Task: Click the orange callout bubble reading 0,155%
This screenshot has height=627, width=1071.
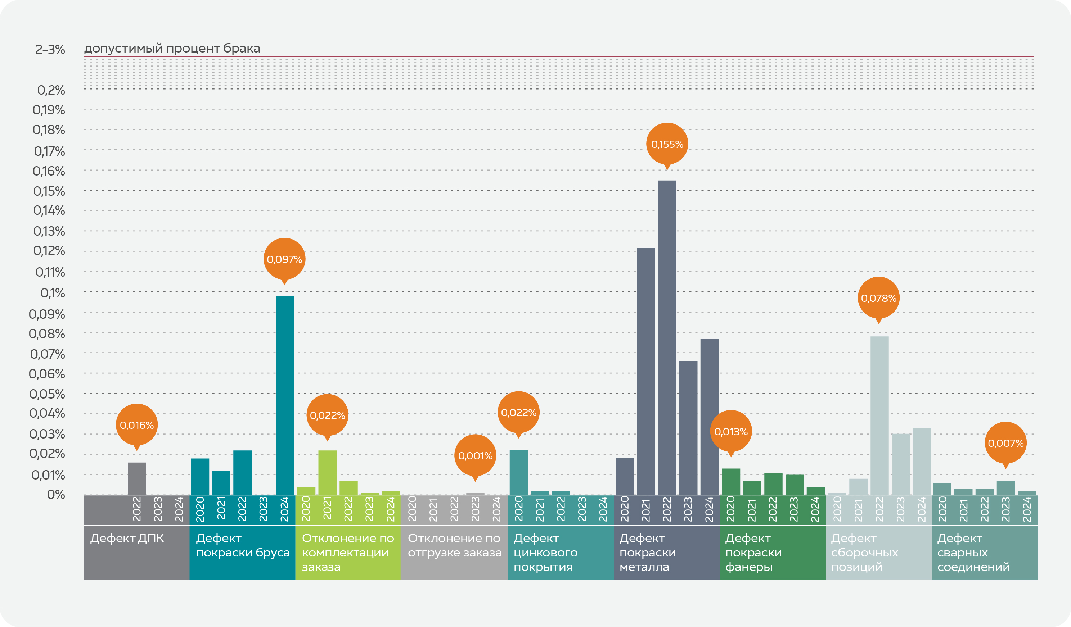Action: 667,144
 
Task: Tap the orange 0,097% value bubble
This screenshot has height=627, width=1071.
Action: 284,259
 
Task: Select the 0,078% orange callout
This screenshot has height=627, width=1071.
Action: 878,298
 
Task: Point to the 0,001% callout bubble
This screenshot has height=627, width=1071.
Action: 475,456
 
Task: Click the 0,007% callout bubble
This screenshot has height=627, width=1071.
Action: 1005,443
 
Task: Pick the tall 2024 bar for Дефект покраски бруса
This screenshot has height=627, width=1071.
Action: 284,395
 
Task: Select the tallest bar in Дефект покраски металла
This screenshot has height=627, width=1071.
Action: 667,338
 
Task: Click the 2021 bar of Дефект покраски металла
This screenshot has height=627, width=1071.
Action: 645,371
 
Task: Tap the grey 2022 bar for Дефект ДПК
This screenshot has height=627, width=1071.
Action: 136,479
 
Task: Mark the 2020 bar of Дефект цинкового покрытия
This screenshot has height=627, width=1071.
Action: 518,472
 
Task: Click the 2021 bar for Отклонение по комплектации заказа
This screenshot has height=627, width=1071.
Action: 327,472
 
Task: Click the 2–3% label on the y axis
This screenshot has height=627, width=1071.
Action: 50,50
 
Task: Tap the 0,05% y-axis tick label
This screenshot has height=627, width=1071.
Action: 47,394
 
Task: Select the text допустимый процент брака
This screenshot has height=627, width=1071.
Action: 172,49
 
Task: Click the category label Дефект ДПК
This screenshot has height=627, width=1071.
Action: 127,538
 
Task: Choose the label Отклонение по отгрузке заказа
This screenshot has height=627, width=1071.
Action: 454,545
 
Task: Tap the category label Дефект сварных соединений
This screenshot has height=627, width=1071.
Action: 973,552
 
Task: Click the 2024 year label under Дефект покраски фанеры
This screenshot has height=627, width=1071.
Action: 814,509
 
